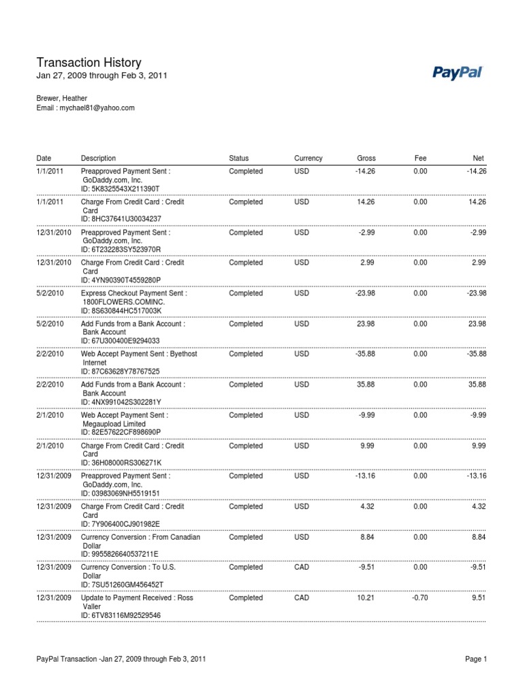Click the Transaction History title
89,63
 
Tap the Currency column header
308,159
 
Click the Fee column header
420,159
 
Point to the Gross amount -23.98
365,293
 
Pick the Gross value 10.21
366,598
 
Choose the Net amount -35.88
476,354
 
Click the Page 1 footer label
476,660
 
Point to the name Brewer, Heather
61,98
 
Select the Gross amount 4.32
368,506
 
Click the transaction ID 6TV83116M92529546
121,615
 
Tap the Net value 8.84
479,537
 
